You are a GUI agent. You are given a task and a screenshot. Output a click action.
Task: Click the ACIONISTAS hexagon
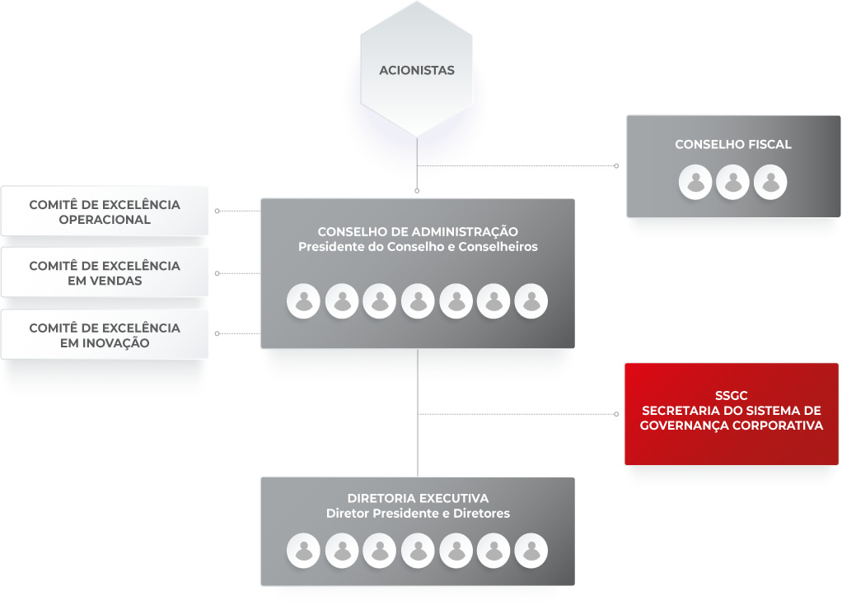coord(417,70)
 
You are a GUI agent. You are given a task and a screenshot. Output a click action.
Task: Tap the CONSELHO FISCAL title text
coord(733,144)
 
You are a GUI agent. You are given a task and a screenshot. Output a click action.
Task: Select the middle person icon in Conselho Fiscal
coord(733,183)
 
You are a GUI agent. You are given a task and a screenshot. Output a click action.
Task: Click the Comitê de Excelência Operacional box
coord(105,212)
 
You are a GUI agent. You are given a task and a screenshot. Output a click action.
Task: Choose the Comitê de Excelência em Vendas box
coord(105,272)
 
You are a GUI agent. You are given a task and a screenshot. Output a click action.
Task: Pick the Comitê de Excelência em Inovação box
coord(105,335)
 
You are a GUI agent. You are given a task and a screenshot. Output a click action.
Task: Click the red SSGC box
coord(732,414)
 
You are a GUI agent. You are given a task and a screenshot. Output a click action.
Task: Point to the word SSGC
coord(732,395)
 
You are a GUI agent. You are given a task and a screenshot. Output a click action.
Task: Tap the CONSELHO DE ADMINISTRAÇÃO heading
coord(418,231)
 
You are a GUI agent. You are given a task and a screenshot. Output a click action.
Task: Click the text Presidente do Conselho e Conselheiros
coord(418,247)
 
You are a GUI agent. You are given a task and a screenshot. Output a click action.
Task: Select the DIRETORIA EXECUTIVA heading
coord(418,498)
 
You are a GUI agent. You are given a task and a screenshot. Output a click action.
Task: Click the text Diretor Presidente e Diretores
coord(418,514)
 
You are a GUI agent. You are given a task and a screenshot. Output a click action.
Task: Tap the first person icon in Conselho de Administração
coord(303,301)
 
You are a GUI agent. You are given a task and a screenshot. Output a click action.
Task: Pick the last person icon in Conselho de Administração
coord(531,301)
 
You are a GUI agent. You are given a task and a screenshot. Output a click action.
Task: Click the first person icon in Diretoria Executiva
coord(303,551)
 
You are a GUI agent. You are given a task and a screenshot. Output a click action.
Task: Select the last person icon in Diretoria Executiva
coord(531,551)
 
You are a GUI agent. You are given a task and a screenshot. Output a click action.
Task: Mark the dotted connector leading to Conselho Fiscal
coord(517,165)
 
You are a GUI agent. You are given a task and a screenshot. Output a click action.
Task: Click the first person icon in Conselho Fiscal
coord(695,183)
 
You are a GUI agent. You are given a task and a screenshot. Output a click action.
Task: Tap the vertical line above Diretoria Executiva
coord(418,413)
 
